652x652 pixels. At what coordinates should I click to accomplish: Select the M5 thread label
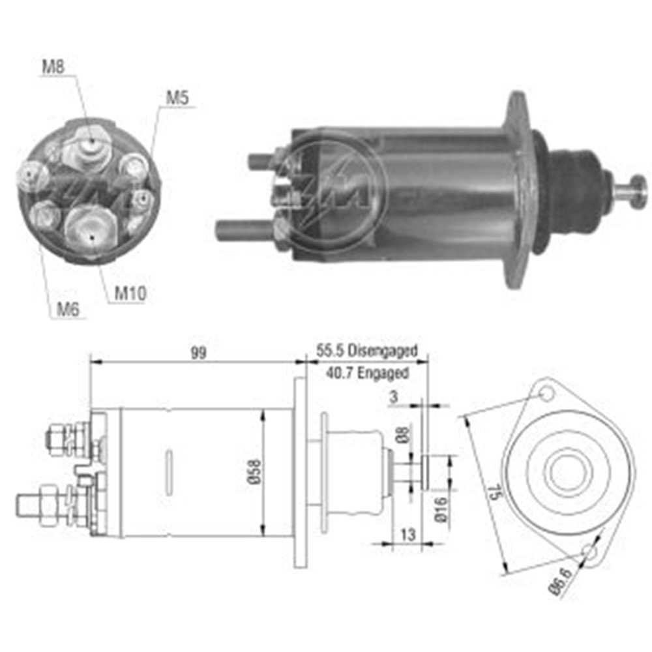tap(177, 98)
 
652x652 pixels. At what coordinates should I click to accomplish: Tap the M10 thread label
tap(130, 294)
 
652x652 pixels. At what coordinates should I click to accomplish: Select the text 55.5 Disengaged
tap(366, 351)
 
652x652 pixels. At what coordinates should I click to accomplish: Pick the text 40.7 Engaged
tap(366, 374)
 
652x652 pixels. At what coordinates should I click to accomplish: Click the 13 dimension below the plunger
tap(407, 535)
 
